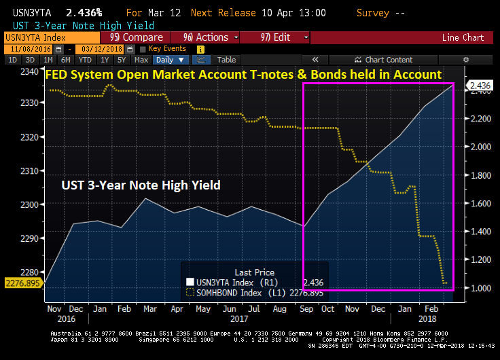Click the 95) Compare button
[136, 37]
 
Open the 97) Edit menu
[274, 37]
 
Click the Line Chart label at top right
[463, 37]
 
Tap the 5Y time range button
[121, 60]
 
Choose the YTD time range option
[85, 60]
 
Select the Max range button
[141, 60]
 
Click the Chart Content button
[389, 60]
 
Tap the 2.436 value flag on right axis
[480, 85]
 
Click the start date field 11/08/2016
[30, 49]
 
